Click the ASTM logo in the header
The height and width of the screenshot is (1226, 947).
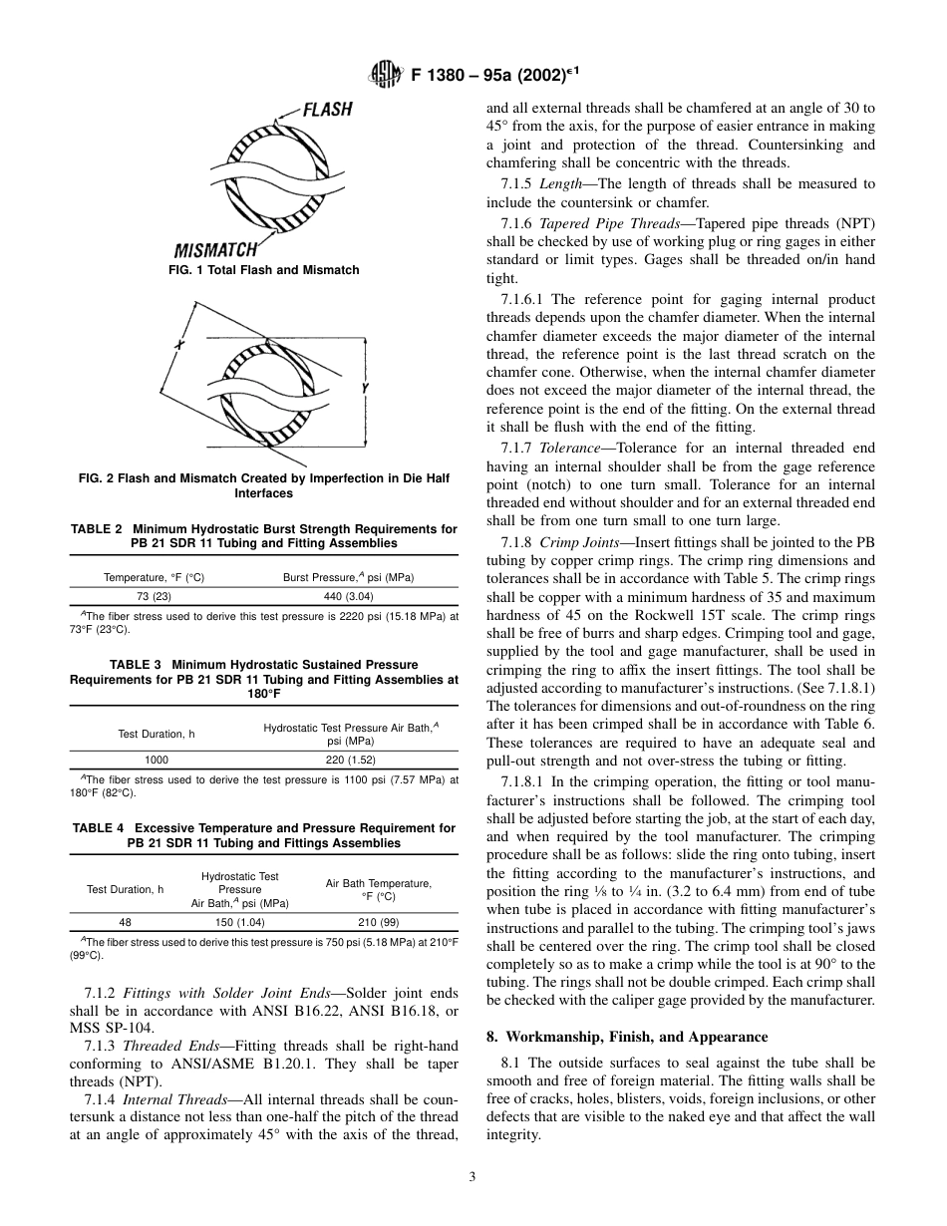[x=384, y=73]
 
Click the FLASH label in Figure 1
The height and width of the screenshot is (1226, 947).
[x=328, y=110]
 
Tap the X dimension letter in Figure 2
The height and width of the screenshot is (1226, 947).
[x=179, y=344]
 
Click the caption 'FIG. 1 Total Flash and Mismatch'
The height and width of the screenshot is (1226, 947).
[x=263, y=270]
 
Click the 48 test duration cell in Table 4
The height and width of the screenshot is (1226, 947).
[x=125, y=922]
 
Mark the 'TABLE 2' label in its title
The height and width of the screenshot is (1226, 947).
[x=96, y=529]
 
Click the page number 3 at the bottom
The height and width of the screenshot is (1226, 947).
[x=473, y=1176]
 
